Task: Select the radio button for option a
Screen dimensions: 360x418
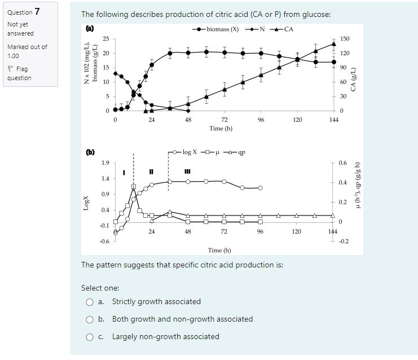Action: coord(90,302)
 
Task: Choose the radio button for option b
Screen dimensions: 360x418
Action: coord(90,319)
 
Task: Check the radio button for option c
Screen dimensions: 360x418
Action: coord(90,337)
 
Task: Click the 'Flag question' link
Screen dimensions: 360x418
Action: coord(19,73)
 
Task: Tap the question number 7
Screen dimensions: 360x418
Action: coord(37,11)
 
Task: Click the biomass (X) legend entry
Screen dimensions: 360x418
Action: coord(217,29)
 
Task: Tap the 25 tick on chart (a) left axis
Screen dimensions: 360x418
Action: coord(105,39)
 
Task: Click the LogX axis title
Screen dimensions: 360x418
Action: coord(87,203)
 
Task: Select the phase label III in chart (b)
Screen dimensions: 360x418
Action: coord(187,172)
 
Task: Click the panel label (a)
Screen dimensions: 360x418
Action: coord(89,28)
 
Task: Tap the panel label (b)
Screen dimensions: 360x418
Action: coord(89,152)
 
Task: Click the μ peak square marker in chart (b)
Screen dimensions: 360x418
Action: coord(134,186)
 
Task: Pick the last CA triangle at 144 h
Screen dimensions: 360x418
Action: coord(334,43)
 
